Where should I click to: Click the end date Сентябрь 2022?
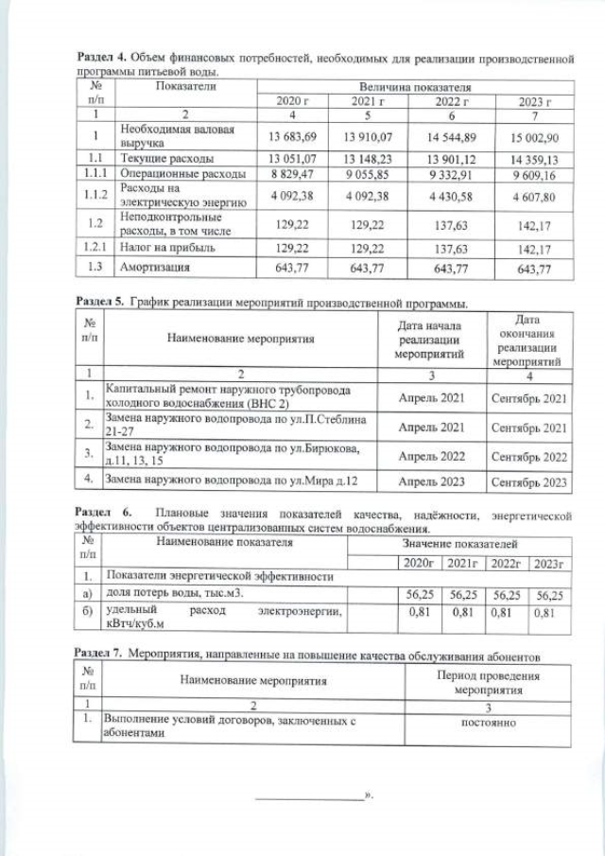529,456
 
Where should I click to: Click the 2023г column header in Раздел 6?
548,563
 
